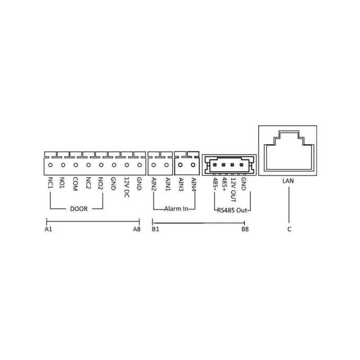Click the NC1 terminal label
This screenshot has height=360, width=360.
pyautogui.click(x=50, y=183)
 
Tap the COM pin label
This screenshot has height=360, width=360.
pyautogui.click(x=75, y=184)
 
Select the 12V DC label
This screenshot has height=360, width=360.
pyautogui.click(x=126, y=187)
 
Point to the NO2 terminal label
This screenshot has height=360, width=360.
pyautogui.click(x=100, y=183)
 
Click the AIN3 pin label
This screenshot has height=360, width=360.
pyautogui.click(x=181, y=184)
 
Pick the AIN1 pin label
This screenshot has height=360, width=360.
pyautogui.click(x=168, y=184)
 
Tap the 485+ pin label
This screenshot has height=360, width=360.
pyautogui.click(x=224, y=184)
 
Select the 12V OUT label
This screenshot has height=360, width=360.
pyautogui.click(x=233, y=190)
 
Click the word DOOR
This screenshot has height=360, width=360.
pyautogui.click(x=79, y=209)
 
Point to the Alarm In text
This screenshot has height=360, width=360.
pyautogui.click(x=176, y=209)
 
